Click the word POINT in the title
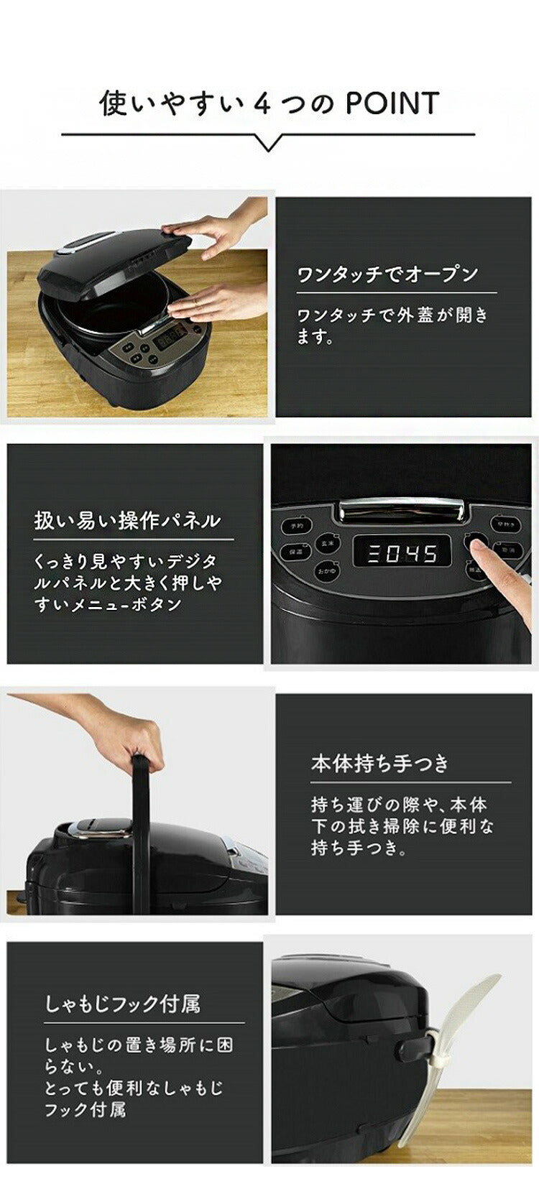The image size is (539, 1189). tap(392, 103)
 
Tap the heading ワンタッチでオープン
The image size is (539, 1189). tap(387, 274)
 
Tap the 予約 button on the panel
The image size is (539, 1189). tap(296, 526)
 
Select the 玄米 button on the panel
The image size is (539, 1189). tap(327, 544)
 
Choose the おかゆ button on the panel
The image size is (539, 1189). tap(327, 572)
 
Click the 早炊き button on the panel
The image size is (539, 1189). tap(505, 524)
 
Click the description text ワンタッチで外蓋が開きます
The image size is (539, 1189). tap(392, 325)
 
